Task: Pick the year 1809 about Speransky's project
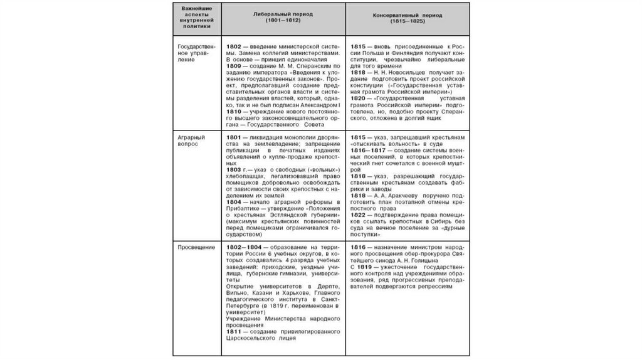[x=234, y=66]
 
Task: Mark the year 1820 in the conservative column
[x=359, y=99]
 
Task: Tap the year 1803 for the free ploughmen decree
[x=234, y=170]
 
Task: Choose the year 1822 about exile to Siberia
[x=359, y=215]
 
